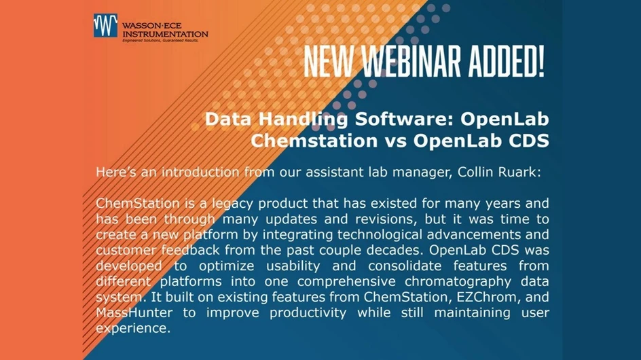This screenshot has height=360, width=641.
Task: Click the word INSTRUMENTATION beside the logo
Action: click(165, 33)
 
